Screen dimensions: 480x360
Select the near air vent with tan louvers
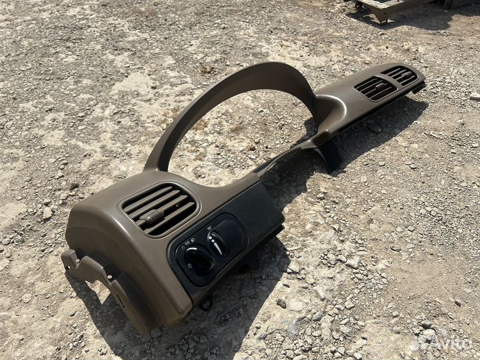coord(159,209)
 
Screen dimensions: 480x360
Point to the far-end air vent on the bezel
coord(399,75)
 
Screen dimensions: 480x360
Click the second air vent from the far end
coord(375,88)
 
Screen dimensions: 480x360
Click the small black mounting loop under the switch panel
coord(207,303)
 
